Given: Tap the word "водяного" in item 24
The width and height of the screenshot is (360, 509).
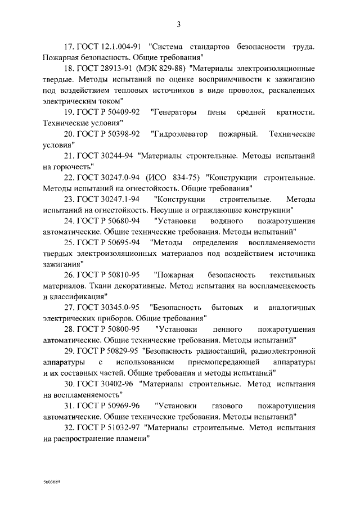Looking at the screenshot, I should [x=226, y=220].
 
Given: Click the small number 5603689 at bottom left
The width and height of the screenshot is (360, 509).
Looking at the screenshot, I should [x=52, y=483].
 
